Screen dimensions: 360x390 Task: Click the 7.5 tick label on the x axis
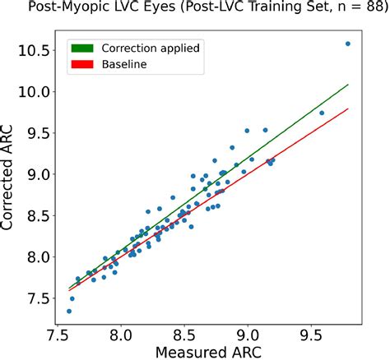coord(58,335)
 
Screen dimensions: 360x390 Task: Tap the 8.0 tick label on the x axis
coord(122,335)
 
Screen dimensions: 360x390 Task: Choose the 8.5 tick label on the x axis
coord(184,335)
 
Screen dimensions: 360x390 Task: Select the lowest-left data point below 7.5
coord(69,311)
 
